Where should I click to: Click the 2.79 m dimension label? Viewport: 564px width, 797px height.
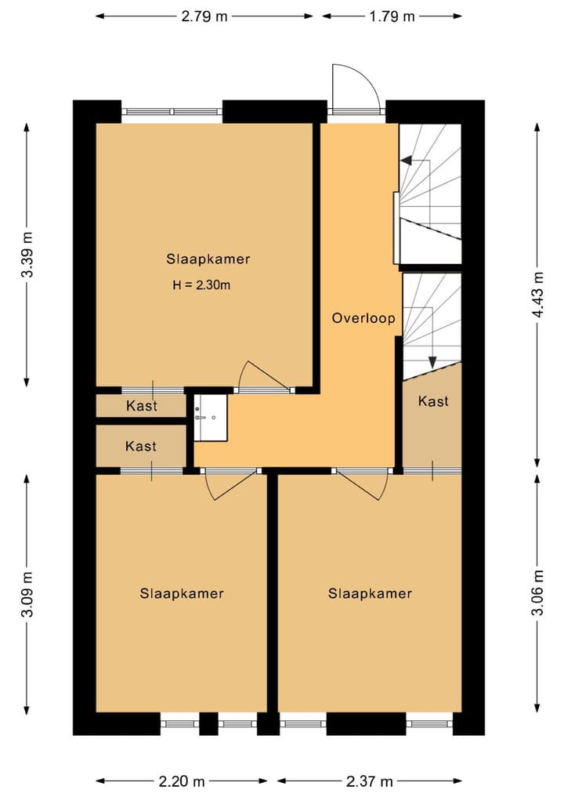click(x=204, y=16)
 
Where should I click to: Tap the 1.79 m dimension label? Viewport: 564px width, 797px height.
click(x=392, y=16)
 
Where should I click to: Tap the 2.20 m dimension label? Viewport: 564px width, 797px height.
click(x=182, y=781)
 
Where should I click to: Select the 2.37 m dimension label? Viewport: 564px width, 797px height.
click(x=370, y=781)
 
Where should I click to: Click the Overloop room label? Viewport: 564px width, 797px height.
click(x=363, y=319)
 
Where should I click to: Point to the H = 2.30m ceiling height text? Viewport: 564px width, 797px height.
click(x=201, y=285)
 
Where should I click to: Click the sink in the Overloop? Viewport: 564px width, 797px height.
click(x=211, y=417)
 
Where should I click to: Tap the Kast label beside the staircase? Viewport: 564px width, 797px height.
click(x=433, y=401)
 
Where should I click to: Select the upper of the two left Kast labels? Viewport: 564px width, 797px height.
click(x=142, y=406)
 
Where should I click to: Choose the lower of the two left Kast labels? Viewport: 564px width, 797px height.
click(x=141, y=446)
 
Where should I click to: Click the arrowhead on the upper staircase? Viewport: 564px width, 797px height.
click(x=406, y=161)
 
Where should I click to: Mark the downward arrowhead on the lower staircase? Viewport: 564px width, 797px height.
click(x=432, y=362)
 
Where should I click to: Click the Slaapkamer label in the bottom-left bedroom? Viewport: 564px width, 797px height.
click(x=182, y=594)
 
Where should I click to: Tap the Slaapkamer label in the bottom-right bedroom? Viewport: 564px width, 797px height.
click(x=370, y=594)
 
